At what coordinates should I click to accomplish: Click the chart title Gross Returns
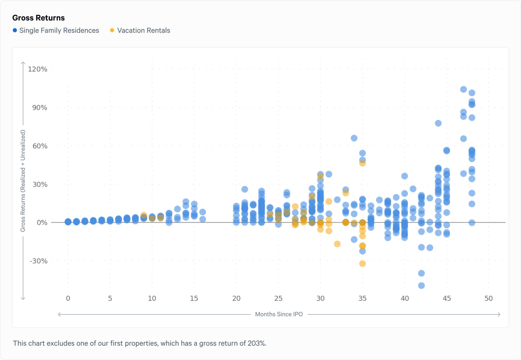(x=38, y=18)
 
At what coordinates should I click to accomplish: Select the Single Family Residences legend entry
(x=59, y=30)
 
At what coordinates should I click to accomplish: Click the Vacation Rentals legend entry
(x=143, y=30)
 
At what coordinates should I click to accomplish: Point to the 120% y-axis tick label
(x=38, y=69)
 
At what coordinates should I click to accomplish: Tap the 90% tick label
(x=40, y=108)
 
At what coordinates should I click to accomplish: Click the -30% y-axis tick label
(x=39, y=261)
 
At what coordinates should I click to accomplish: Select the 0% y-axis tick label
(x=42, y=223)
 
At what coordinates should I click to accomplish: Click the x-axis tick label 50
(x=488, y=298)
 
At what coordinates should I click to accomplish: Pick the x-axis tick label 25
(x=278, y=298)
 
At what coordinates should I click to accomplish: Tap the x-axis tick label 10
(x=152, y=298)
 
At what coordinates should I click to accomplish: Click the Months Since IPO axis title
(x=279, y=314)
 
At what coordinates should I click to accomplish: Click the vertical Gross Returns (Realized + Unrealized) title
(x=23, y=181)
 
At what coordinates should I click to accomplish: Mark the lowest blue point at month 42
(x=421, y=285)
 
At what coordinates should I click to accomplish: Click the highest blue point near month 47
(x=463, y=89)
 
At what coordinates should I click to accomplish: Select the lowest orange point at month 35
(x=362, y=264)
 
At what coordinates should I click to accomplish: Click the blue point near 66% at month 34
(x=354, y=138)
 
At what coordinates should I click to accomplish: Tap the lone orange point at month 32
(x=337, y=244)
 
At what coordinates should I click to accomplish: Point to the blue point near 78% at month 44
(x=438, y=123)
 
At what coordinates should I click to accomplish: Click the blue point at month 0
(x=68, y=222)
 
